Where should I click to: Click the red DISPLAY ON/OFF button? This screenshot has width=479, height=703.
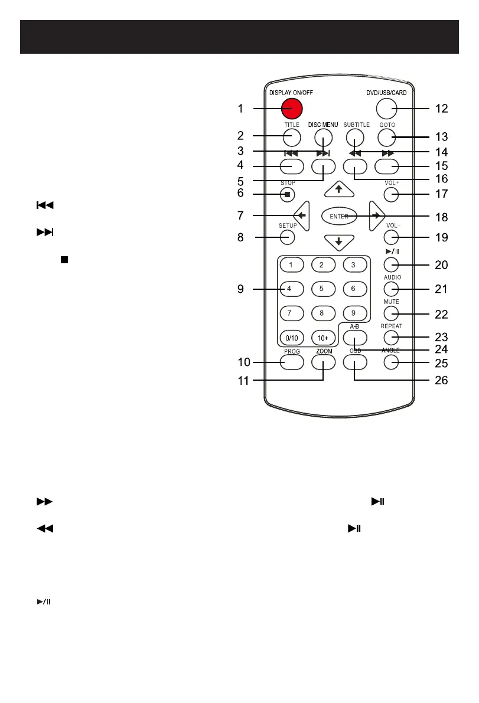point(291,108)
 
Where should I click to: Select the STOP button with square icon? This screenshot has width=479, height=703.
point(288,194)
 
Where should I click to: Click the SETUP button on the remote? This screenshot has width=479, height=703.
point(288,237)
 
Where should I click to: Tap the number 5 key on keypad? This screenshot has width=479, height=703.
point(321,289)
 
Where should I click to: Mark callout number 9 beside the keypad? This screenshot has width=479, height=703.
point(241,289)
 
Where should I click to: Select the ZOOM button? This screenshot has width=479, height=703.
point(323,362)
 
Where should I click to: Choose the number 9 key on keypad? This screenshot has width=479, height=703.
point(353,313)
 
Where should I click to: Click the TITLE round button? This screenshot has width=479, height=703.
point(291,138)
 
